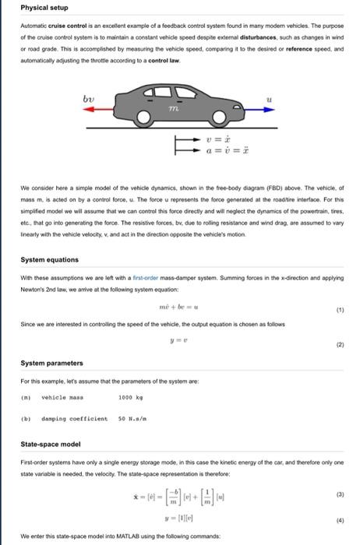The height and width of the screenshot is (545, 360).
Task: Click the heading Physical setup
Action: (x=44, y=8)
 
